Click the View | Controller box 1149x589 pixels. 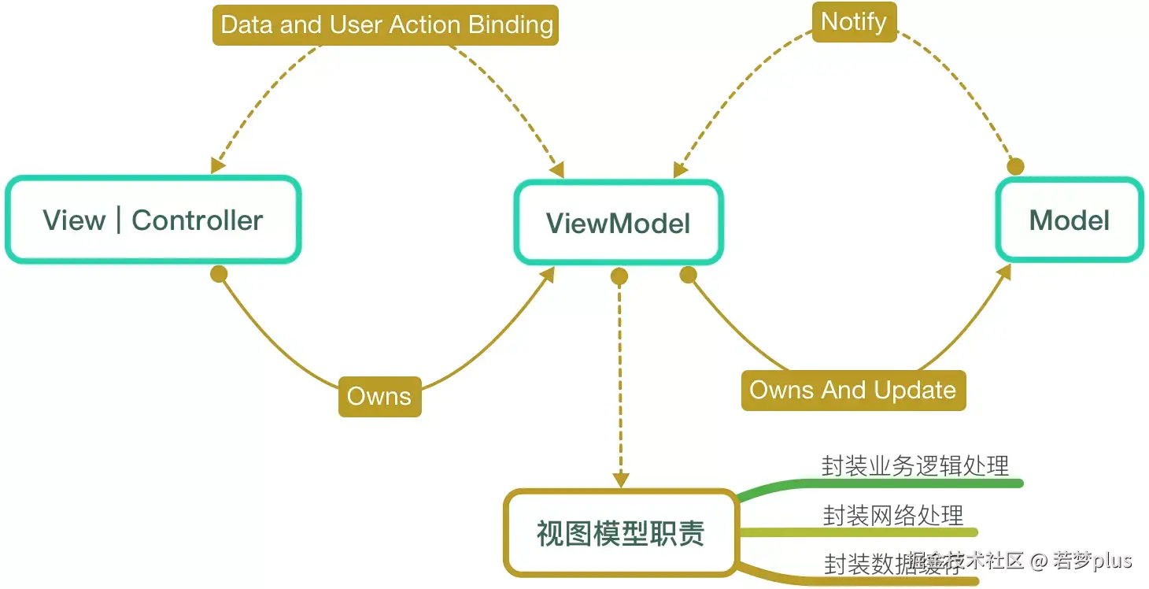(x=153, y=220)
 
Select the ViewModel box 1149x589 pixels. (x=618, y=223)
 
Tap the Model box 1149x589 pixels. (x=1069, y=220)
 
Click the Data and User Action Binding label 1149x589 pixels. (x=386, y=24)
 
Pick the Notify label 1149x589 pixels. (x=853, y=21)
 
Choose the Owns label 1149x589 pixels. (x=379, y=396)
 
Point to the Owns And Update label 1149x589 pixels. (x=852, y=391)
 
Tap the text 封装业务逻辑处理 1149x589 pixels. (x=914, y=465)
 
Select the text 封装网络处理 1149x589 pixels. (x=892, y=516)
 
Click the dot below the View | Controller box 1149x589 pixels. (x=219, y=274)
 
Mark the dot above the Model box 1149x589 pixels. (x=1016, y=167)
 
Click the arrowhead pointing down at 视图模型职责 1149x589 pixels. (x=620, y=479)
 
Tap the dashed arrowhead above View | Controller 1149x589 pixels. (x=217, y=165)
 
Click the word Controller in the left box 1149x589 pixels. (x=197, y=220)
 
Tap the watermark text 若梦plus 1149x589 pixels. (x=1092, y=561)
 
